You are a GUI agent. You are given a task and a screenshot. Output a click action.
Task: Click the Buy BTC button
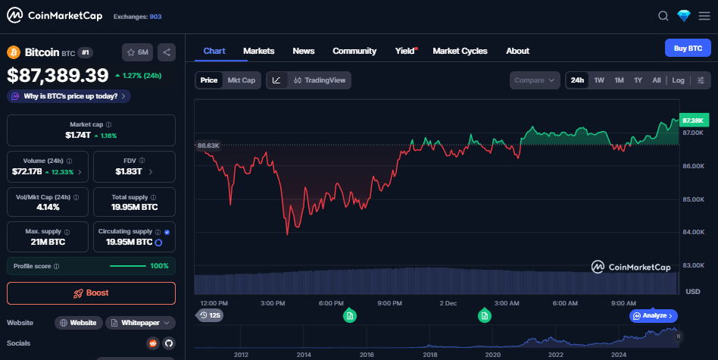687,48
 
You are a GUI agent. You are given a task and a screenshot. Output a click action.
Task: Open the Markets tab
259,51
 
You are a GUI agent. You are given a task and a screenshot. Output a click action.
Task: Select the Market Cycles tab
460,51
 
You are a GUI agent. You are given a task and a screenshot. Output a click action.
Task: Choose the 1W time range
599,80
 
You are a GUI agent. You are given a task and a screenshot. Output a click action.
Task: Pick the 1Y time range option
638,80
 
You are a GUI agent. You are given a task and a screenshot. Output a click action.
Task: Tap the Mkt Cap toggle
242,80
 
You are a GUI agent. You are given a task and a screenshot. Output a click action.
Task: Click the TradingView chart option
320,80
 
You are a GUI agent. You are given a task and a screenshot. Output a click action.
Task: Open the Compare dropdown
535,80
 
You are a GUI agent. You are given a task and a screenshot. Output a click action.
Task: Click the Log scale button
678,80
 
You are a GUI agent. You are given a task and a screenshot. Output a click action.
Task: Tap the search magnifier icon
663,16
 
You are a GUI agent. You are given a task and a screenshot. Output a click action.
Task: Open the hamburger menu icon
704,16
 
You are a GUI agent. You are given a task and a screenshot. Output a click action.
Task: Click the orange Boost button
91,293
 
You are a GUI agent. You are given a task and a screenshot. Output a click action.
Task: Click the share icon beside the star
167,52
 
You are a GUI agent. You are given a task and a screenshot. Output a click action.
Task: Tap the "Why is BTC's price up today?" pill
69,96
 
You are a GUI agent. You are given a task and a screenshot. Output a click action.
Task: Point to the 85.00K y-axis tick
693,199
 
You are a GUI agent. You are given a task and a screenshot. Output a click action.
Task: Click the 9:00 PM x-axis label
389,303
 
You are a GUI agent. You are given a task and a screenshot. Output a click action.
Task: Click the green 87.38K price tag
692,121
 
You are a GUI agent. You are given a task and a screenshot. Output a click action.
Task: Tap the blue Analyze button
653,315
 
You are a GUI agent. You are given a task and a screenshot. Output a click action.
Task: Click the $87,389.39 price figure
58,75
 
